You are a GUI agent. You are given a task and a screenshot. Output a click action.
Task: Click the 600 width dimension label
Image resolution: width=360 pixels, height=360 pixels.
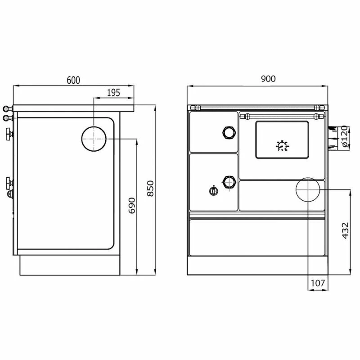(x=73, y=80)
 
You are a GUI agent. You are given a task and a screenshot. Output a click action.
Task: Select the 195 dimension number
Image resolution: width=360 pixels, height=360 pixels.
(x=114, y=93)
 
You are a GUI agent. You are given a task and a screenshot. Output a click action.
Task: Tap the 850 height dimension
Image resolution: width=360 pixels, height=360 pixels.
(x=150, y=189)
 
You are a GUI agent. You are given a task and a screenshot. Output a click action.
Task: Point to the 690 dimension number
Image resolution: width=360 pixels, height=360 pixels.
(x=132, y=206)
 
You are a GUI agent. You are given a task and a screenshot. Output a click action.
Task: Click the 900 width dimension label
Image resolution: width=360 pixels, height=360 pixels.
(x=268, y=79)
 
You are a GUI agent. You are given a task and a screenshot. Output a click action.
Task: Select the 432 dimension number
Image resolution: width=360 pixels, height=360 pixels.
(x=346, y=230)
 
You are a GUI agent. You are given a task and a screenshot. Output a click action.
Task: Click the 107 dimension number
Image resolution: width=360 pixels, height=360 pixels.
(x=318, y=283)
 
